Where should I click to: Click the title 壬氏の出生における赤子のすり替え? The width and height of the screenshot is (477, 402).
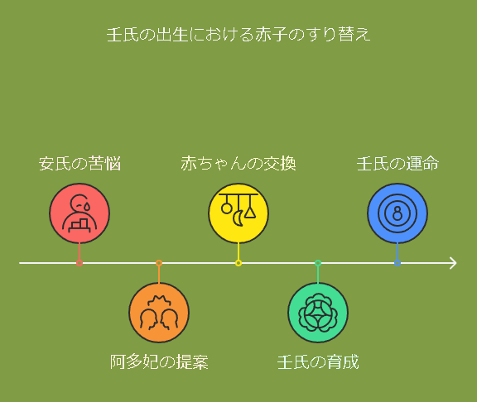coord(238,34)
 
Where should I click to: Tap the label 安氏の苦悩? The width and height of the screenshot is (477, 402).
coord(79,164)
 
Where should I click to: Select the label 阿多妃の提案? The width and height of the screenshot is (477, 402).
coord(159,361)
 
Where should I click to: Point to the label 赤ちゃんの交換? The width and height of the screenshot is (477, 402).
coord(238,164)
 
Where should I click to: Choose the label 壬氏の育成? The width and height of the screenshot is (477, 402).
coord(318,361)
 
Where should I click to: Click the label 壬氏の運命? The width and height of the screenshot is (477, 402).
coord(397,164)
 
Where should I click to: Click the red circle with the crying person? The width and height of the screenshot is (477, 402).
coord(79,213)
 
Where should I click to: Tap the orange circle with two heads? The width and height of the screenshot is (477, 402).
coord(159,313)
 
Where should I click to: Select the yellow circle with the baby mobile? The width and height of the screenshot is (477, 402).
coord(238,213)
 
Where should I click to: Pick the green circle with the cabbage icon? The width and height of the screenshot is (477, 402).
coord(318,313)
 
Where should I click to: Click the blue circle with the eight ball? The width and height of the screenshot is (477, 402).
coord(397,213)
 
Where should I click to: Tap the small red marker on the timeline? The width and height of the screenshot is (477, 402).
coord(79,263)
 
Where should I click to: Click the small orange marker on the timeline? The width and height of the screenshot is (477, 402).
coord(159,263)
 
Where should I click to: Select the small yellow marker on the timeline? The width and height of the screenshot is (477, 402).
coord(238,263)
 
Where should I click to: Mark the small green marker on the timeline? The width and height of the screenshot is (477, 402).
coord(318,263)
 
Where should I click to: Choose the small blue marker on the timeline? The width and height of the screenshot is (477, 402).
coord(397,263)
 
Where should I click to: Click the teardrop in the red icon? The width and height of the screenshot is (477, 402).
coord(87,207)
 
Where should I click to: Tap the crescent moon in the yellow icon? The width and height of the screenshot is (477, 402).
coord(238,218)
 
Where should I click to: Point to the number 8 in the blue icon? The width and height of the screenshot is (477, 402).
coord(397,213)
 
